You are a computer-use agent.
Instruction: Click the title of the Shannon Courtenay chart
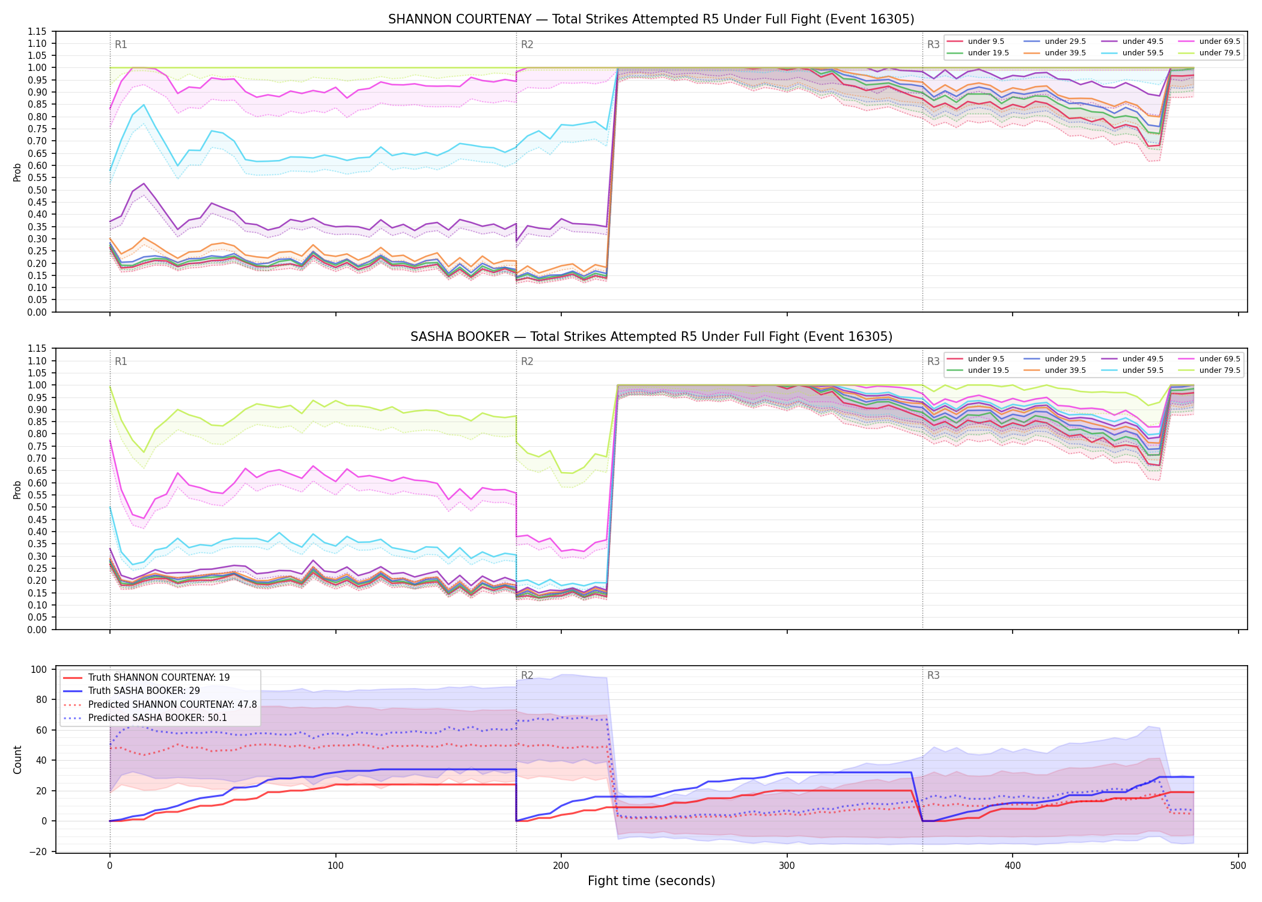tap(651, 19)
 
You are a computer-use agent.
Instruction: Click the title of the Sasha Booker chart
tap(651, 337)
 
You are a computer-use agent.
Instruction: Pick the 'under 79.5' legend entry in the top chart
tap(1209, 53)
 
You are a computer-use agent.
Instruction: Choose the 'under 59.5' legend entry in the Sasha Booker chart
tap(1132, 370)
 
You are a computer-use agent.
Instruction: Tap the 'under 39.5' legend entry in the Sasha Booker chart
tap(1055, 370)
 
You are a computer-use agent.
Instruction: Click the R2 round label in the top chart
tap(527, 44)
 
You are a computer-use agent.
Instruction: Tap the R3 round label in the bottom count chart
tap(933, 675)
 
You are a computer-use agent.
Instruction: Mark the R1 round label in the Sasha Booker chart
tap(121, 361)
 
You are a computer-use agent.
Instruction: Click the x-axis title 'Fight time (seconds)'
tap(651, 881)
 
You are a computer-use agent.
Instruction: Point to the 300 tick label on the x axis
tap(787, 866)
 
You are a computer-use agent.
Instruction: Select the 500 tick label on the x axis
tap(1238, 866)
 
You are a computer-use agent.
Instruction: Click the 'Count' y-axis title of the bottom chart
tap(17, 759)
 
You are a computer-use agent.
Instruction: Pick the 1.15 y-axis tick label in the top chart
tap(37, 31)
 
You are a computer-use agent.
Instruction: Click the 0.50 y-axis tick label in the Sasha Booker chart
tap(37, 507)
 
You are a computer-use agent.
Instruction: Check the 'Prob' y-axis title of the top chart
tap(17, 172)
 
